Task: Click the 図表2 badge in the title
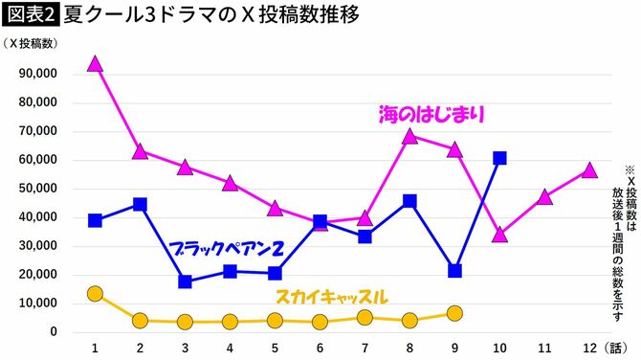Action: pos(31,16)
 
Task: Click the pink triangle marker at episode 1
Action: pos(95,63)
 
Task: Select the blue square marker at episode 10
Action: pos(499,158)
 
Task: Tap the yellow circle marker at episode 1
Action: pos(95,293)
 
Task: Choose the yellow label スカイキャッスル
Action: pos(331,297)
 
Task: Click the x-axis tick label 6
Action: pos(320,348)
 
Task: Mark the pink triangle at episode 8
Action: pos(409,136)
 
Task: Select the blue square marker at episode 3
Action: pos(185,281)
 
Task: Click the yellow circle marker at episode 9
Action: pos(454,313)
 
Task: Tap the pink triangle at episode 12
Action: pos(589,170)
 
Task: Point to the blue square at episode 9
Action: pos(454,271)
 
